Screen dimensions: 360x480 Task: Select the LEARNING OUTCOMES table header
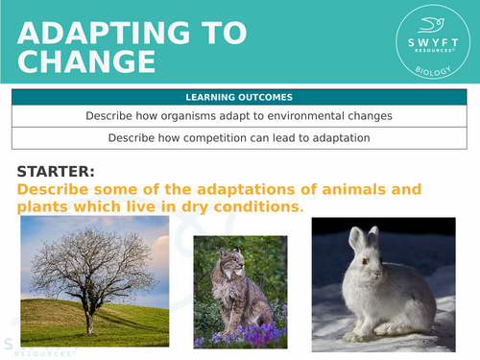click(x=239, y=97)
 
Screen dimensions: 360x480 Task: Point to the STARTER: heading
click(x=56, y=171)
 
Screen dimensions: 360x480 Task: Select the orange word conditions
click(x=256, y=206)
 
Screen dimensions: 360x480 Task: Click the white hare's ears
click(x=364, y=241)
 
